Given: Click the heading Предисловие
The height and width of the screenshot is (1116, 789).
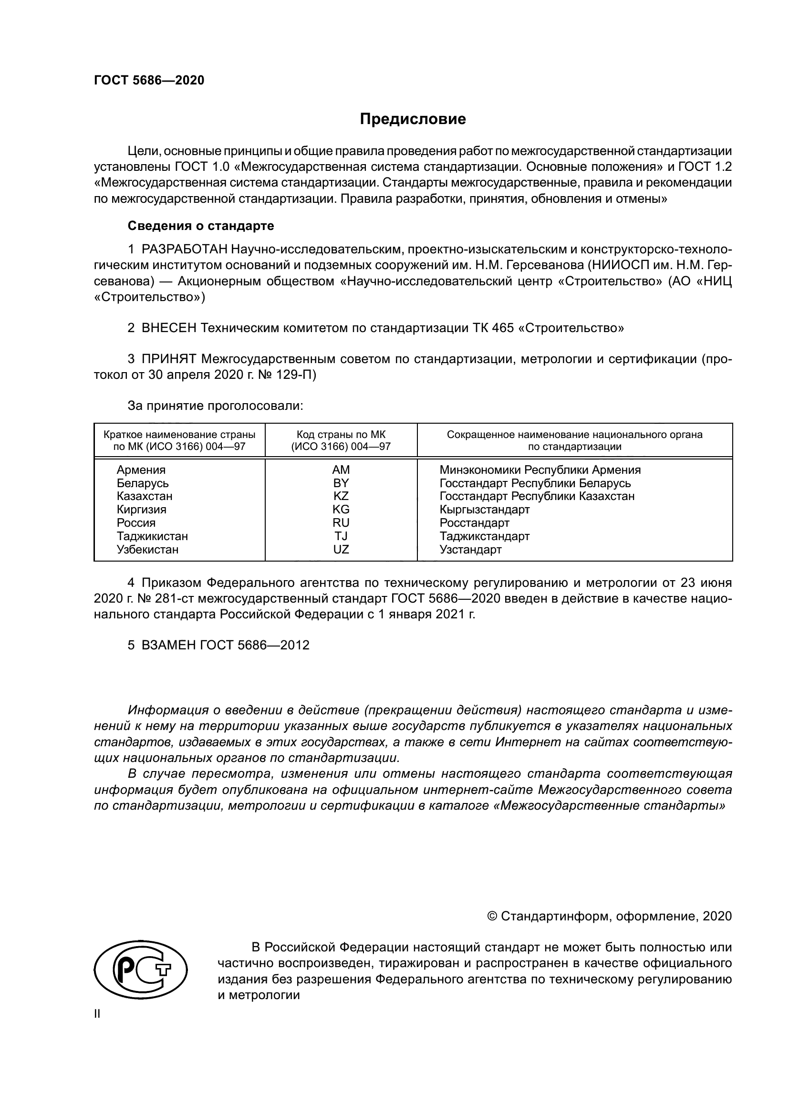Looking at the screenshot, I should [413, 119].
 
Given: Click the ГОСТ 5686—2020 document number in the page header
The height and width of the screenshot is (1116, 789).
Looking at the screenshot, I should [149, 80].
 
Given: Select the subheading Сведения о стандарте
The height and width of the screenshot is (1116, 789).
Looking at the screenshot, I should [201, 226].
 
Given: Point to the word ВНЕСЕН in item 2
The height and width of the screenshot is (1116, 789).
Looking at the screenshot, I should [169, 328].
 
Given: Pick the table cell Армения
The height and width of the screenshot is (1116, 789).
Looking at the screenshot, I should [141, 470].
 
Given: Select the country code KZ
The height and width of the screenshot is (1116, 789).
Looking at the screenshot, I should [341, 496].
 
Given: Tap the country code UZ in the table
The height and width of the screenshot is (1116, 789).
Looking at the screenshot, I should [341, 550].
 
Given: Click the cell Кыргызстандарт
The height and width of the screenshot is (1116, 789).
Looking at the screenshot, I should [484, 510].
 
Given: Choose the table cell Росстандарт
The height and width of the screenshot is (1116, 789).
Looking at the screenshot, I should [474, 523].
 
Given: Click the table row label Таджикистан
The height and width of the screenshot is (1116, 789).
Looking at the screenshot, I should [152, 536].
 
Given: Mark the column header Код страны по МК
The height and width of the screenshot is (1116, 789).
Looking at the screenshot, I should [341, 435].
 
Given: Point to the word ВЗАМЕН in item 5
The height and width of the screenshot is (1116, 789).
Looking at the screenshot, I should [168, 645].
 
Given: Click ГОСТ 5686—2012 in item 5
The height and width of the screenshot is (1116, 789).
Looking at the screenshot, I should [254, 645].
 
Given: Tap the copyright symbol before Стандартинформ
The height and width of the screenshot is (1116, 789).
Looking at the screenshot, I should [492, 916].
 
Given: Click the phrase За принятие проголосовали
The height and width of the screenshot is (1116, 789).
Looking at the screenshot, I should [215, 406].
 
